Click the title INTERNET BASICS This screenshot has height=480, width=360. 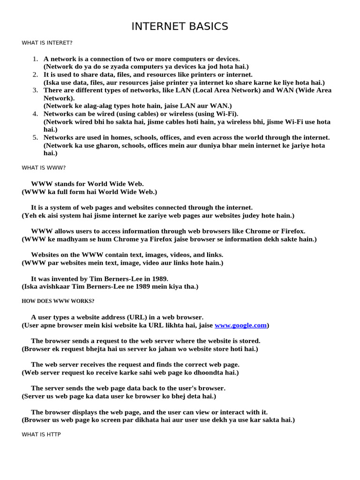180,26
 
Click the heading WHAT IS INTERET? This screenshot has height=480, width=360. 47,43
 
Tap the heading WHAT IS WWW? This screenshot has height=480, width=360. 44,167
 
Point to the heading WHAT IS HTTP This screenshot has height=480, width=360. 41,435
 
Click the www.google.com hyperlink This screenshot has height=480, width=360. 240,325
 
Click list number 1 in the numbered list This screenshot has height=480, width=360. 35,59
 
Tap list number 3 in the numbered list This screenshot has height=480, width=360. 35,90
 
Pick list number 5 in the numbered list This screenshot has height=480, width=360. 35,137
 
